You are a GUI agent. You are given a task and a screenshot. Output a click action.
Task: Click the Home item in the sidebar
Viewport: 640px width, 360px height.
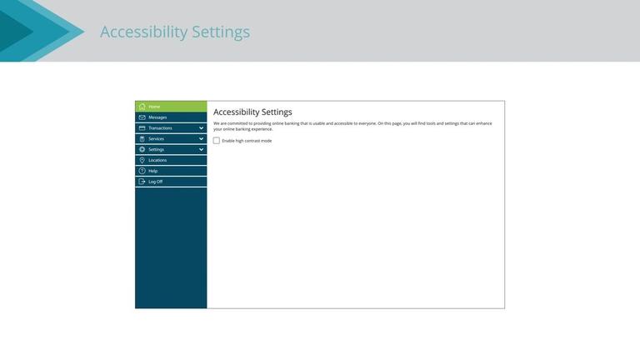[155, 107]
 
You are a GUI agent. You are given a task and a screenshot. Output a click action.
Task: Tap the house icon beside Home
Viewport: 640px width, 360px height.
[142, 107]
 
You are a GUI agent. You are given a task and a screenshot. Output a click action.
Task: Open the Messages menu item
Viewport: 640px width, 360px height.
[157, 117]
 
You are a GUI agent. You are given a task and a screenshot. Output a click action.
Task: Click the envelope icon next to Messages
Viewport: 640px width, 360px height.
[142, 117]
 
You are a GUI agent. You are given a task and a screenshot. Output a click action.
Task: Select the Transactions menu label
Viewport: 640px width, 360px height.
[160, 128]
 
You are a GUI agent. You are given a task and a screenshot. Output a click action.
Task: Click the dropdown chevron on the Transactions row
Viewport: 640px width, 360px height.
[201, 128]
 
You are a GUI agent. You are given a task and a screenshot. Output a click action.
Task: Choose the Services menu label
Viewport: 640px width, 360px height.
[157, 139]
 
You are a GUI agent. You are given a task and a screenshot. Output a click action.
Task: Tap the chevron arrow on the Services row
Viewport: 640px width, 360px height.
[201, 139]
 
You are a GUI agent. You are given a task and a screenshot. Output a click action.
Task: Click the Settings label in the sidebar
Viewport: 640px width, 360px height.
[156, 150]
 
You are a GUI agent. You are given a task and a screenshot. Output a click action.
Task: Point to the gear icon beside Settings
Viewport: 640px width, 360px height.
[142, 150]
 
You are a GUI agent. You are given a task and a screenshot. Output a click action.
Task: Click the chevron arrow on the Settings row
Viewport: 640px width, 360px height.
[201, 150]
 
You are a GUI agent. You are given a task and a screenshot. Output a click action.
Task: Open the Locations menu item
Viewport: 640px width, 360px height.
[157, 160]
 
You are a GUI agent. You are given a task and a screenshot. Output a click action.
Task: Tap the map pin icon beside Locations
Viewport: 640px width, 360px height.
[142, 160]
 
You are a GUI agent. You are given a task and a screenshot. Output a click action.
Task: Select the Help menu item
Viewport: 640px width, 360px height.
[152, 171]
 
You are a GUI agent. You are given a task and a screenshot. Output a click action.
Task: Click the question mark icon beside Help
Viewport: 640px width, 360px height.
[142, 171]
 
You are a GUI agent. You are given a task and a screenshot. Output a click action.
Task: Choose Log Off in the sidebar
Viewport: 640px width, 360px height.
[155, 182]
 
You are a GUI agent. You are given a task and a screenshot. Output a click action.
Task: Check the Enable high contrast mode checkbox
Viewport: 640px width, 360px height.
[217, 141]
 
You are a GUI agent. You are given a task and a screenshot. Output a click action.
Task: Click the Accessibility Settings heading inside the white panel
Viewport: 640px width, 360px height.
[252, 112]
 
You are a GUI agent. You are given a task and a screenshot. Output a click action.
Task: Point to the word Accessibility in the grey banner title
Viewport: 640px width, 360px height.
[143, 32]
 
